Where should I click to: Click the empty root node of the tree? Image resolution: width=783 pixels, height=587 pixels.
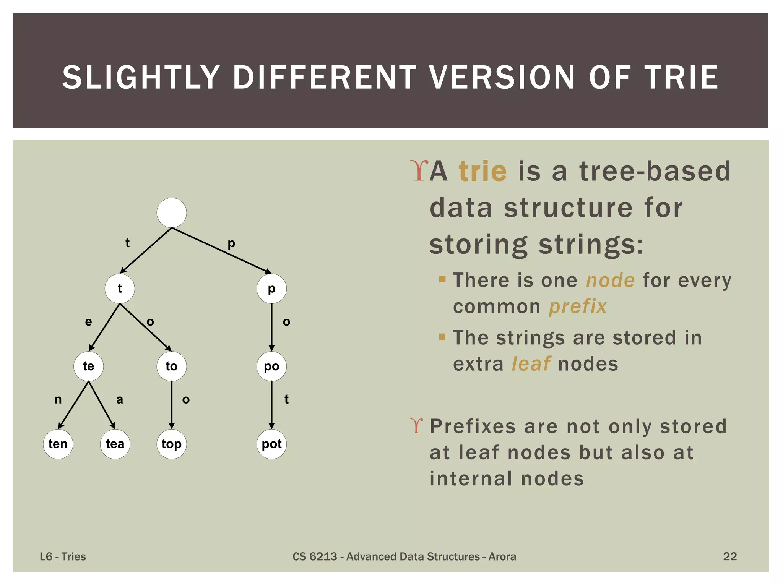click(x=172, y=212)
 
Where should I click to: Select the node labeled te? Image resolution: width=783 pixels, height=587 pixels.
click(x=88, y=366)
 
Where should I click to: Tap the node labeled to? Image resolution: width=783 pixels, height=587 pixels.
click(x=172, y=366)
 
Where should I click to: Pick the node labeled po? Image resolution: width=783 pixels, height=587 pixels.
click(x=271, y=366)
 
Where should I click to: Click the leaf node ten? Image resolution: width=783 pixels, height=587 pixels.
click(x=58, y=444)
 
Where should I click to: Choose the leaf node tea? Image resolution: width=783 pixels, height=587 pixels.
click(x=115, y=444)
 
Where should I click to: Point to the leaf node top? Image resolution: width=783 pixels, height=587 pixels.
click(x=172, y=444)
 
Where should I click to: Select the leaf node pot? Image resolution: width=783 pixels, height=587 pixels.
click(x=271, y=444)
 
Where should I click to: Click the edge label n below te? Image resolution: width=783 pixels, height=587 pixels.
click(x=58, y=399)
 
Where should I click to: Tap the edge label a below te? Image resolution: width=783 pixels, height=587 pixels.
click(x=120, y=399)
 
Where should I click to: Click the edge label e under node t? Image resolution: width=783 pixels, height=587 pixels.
click(x=88, y=322)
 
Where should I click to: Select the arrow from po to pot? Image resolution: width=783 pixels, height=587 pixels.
click(x=271, y=405)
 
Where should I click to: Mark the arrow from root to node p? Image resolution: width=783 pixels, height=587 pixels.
click(x=222, y=251)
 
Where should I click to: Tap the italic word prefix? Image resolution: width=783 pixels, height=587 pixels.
click(x=578, y=306)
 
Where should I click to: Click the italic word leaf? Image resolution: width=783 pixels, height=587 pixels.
click(x=531, y=364)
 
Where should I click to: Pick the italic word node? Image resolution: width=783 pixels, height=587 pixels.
click(x=610, y=280)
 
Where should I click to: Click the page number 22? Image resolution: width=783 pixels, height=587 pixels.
click(x=729, y=556)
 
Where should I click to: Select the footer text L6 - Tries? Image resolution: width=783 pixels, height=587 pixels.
click(x=63, y=556)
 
